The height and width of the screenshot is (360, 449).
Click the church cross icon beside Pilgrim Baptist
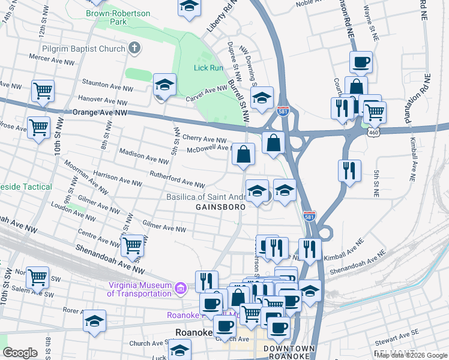coord(134,47)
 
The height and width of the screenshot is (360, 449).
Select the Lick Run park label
coord(208,68)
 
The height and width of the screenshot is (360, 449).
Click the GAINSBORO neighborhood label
coord(220,207)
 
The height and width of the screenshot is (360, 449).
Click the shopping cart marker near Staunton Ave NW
coord(43,91)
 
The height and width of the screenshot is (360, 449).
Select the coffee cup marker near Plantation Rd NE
coord(361,62)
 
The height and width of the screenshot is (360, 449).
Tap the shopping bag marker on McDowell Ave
coord(243,154)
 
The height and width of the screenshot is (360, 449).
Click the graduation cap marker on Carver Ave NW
coord(164,85)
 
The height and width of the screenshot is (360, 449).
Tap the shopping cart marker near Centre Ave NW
coord(133,245)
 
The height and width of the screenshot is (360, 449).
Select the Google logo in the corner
coord(20,353)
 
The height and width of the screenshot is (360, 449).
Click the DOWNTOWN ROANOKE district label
coord(288,352)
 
